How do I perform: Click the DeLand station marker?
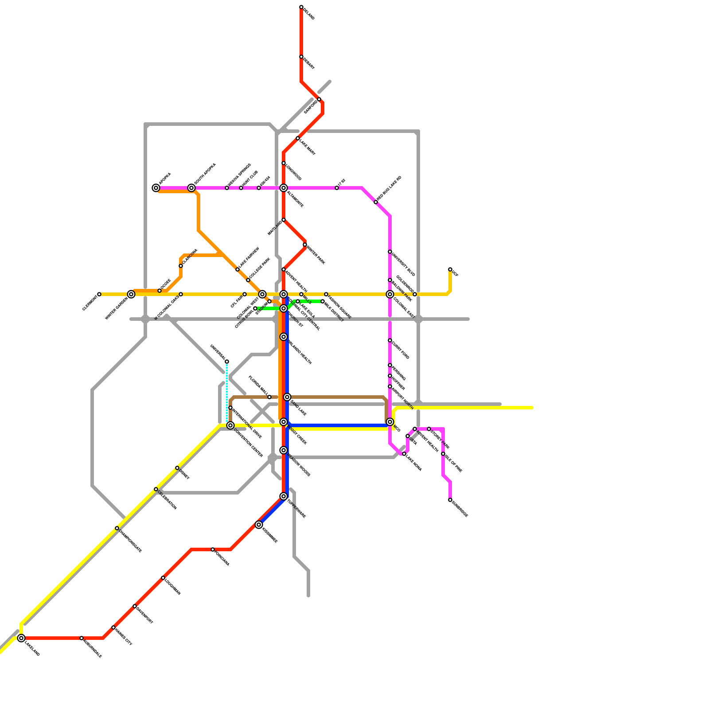click(x=301, y=7)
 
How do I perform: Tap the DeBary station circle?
click(x=301, y=57)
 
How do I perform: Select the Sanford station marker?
click(x=319, y=99)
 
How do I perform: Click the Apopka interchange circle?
click(x=156, y=188)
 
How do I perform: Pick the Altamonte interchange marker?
click(x=284, y=188)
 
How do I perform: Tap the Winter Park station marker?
click(x=305, y=245)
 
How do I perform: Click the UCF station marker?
click(x=450, y=269)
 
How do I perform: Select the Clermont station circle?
click(x=99, y=294)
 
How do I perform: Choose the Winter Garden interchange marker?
click(x=131, y=294)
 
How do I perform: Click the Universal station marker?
click(x=227, y=362)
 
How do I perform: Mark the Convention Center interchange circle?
click(x=230, y=425)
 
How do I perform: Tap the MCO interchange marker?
click(x=390, y=422)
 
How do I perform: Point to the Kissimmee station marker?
click(x=259, y=525)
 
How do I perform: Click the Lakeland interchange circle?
click(x=21, y=638)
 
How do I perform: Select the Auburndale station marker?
click(x=82, y=638)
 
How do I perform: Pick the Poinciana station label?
click(x=222, y=558)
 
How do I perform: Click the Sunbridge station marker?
click(x=450, y=500)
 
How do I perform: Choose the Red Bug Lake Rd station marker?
click(x=376, y=202)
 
